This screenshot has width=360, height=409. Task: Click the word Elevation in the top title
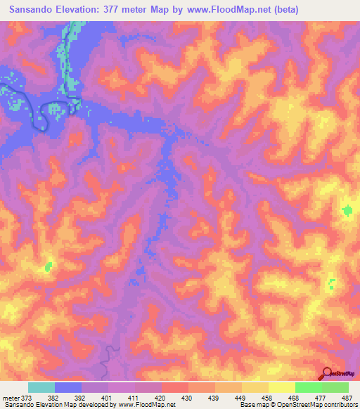(89, 9)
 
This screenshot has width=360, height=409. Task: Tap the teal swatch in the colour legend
(41, 388)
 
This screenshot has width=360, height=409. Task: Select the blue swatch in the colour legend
(68, 388)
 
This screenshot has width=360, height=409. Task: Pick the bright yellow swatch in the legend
(282, 388)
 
